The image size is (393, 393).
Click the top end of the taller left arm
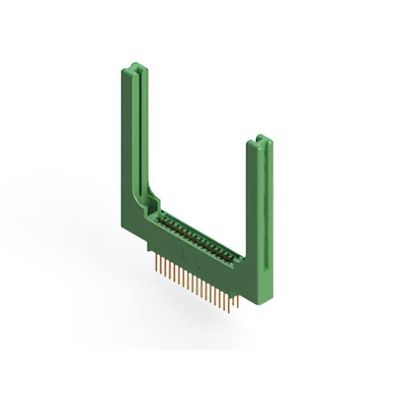coord(135,66)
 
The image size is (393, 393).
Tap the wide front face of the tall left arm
coord(129,141)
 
